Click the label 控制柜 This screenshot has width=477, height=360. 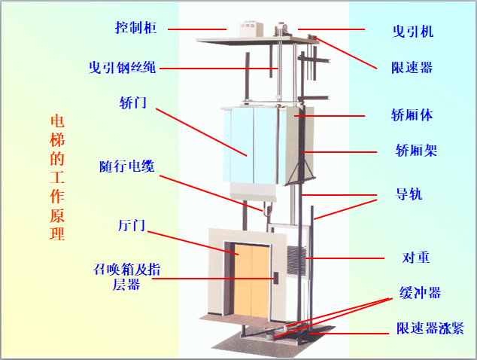point(135,28)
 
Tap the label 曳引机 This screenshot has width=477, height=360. point(413,32)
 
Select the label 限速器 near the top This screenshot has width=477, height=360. point(412,68)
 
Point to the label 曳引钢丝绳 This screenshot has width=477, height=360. point(123,67)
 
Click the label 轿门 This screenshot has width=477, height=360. point(133,102)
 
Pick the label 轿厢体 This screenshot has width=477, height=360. point(412,115)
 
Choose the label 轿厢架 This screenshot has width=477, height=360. point(416,151)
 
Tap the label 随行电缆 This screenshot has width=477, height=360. point(127,166)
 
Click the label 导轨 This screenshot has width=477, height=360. point(409,194)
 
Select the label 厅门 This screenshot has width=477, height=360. point(132,225)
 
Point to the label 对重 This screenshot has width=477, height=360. point(416,258)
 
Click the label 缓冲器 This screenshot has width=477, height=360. point(420,293)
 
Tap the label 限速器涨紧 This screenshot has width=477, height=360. point(430,328)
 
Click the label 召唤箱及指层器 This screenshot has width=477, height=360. point(126,277)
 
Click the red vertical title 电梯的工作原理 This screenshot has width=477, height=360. point(57,178)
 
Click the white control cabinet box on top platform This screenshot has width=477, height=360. point(251,29)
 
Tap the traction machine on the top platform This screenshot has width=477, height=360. point(283,29)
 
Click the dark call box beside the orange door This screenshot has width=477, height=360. point(276,278)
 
